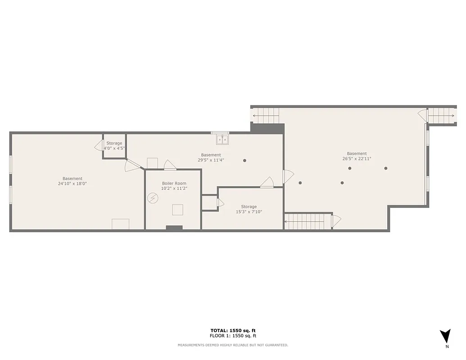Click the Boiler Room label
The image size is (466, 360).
pos(174,184)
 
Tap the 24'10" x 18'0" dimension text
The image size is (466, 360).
pos(72,184)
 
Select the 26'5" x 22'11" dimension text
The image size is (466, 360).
pos(357,158)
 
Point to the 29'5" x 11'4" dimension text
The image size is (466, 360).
pos(211,160)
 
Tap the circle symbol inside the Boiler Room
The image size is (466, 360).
pos(153,198)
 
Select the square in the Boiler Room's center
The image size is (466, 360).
pos(177,210)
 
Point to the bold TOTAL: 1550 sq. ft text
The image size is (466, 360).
pos(233,331)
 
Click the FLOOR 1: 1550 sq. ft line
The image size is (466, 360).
pos(233,336)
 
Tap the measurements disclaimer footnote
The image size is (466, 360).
pos(233,345)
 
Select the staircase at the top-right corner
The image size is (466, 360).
pos(441,116)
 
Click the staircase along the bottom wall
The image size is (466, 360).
pos(305,221)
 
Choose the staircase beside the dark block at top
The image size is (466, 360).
pos(266,116)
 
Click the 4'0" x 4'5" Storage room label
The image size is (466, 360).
pos(114,146)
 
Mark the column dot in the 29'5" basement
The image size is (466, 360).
pos(245,160)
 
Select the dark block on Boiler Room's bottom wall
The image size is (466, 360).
pos(174,228)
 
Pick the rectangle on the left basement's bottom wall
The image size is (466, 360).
pos(120,224)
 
